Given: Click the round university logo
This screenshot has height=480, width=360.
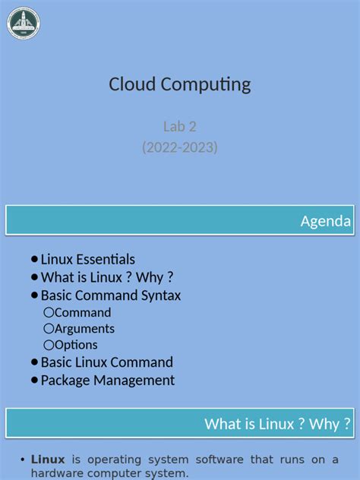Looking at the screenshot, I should [x=24, y=23].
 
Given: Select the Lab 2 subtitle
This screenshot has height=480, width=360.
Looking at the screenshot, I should [x=179, y=126].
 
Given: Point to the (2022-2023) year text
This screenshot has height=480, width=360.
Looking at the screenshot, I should [x=179, y=147].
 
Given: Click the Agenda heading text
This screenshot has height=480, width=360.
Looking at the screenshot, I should [x=326, y=221].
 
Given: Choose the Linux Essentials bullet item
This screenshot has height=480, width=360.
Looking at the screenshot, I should [x=87, y=259].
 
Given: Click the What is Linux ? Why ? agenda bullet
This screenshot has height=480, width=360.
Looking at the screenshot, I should [x=107, y=277].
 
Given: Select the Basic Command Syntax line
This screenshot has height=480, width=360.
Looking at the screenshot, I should [x=110, y=295].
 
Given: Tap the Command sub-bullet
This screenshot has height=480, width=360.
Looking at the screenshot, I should [x=83, y=312].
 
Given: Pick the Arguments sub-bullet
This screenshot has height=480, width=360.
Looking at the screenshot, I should [x=84, y=328].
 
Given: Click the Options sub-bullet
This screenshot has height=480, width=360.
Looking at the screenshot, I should [x=76, y=345].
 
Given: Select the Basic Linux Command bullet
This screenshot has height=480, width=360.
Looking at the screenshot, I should [x=106, y=362].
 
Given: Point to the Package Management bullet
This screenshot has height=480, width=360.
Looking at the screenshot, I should [x=107, y=381].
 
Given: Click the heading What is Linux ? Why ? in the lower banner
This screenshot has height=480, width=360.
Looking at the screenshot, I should [x=278, y=424].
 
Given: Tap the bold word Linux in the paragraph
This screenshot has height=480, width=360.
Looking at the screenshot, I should [x=48, y=459].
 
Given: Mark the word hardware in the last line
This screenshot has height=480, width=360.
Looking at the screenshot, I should [x=58, y=473].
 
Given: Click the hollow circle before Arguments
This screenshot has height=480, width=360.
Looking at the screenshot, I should [x=49, y=328].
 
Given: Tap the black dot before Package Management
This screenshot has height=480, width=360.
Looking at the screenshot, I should [x=34, y=380].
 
